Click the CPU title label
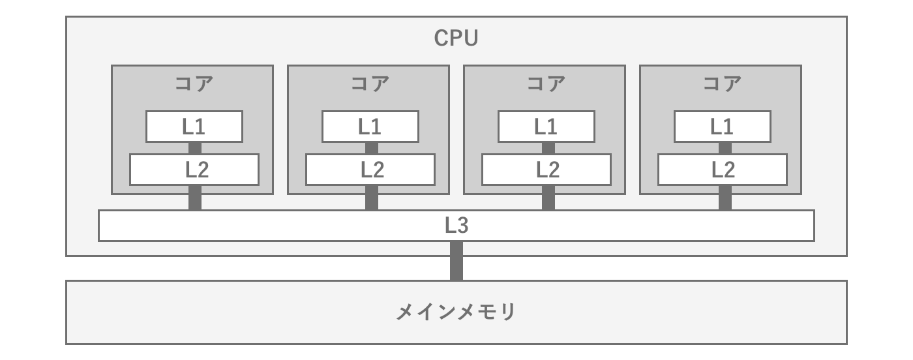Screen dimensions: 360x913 (456, 38)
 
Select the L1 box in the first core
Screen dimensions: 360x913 (194, 127)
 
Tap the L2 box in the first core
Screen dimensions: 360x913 (194, 170)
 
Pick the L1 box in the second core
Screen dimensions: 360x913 (370, 127)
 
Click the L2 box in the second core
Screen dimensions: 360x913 (370, 170)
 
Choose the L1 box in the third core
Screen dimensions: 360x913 (546, 127)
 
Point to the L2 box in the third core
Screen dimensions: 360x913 (546, 170)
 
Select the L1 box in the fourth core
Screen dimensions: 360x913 (723, 127)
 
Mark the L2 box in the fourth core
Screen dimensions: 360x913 (723, 170)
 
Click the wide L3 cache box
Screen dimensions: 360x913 (456, 226)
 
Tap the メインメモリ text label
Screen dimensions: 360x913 (456, 312)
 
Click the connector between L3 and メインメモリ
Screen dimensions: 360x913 (456, 261)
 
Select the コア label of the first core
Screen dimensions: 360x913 (194, 84)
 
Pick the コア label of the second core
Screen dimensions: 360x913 (370, 84)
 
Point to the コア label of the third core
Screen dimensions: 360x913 (546, 84)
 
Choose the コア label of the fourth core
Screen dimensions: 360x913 (723, 84)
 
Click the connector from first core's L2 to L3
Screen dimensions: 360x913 (195, 198)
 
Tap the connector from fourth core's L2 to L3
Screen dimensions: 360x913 (725, 198)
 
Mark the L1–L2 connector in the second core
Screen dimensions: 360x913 (371, 148)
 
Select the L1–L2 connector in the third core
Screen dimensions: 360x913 (548, 148)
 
